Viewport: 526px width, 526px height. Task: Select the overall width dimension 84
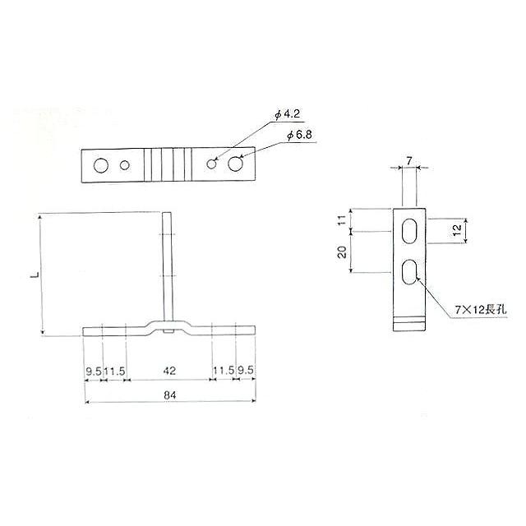coord(170,395)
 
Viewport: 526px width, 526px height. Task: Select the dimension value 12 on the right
coord(455,231)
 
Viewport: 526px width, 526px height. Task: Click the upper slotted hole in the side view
coord(408,231)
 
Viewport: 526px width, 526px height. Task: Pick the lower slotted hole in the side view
coord(408,272)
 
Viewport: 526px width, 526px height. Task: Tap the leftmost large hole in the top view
coord(100,165)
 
